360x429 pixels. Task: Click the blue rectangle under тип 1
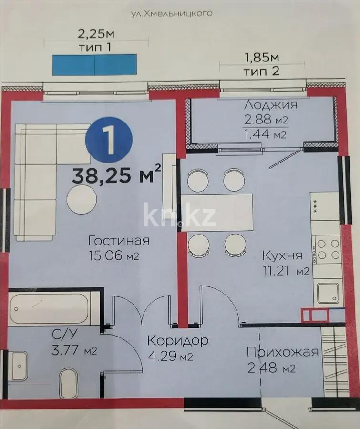click(x=95, y=64)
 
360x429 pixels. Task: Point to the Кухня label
click(x=282, y=255)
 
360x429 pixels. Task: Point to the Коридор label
click(x=177, y=341)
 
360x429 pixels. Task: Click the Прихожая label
click(x=282, y=352)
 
